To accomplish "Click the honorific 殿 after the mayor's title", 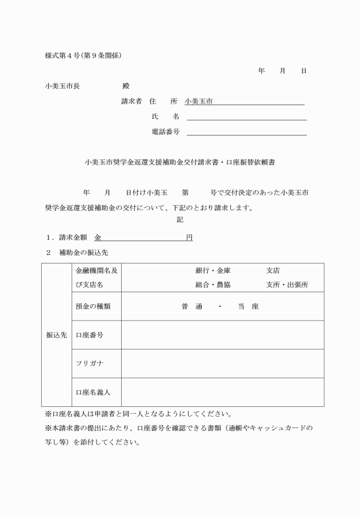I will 126,86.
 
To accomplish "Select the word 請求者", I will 131,101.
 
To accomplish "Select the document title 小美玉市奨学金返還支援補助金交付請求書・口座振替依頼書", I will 179,162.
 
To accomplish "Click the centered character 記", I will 180,219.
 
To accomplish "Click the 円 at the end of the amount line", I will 189,237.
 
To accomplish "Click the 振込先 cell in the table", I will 57,335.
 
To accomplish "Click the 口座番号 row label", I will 89,335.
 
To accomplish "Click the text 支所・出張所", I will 287,285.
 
